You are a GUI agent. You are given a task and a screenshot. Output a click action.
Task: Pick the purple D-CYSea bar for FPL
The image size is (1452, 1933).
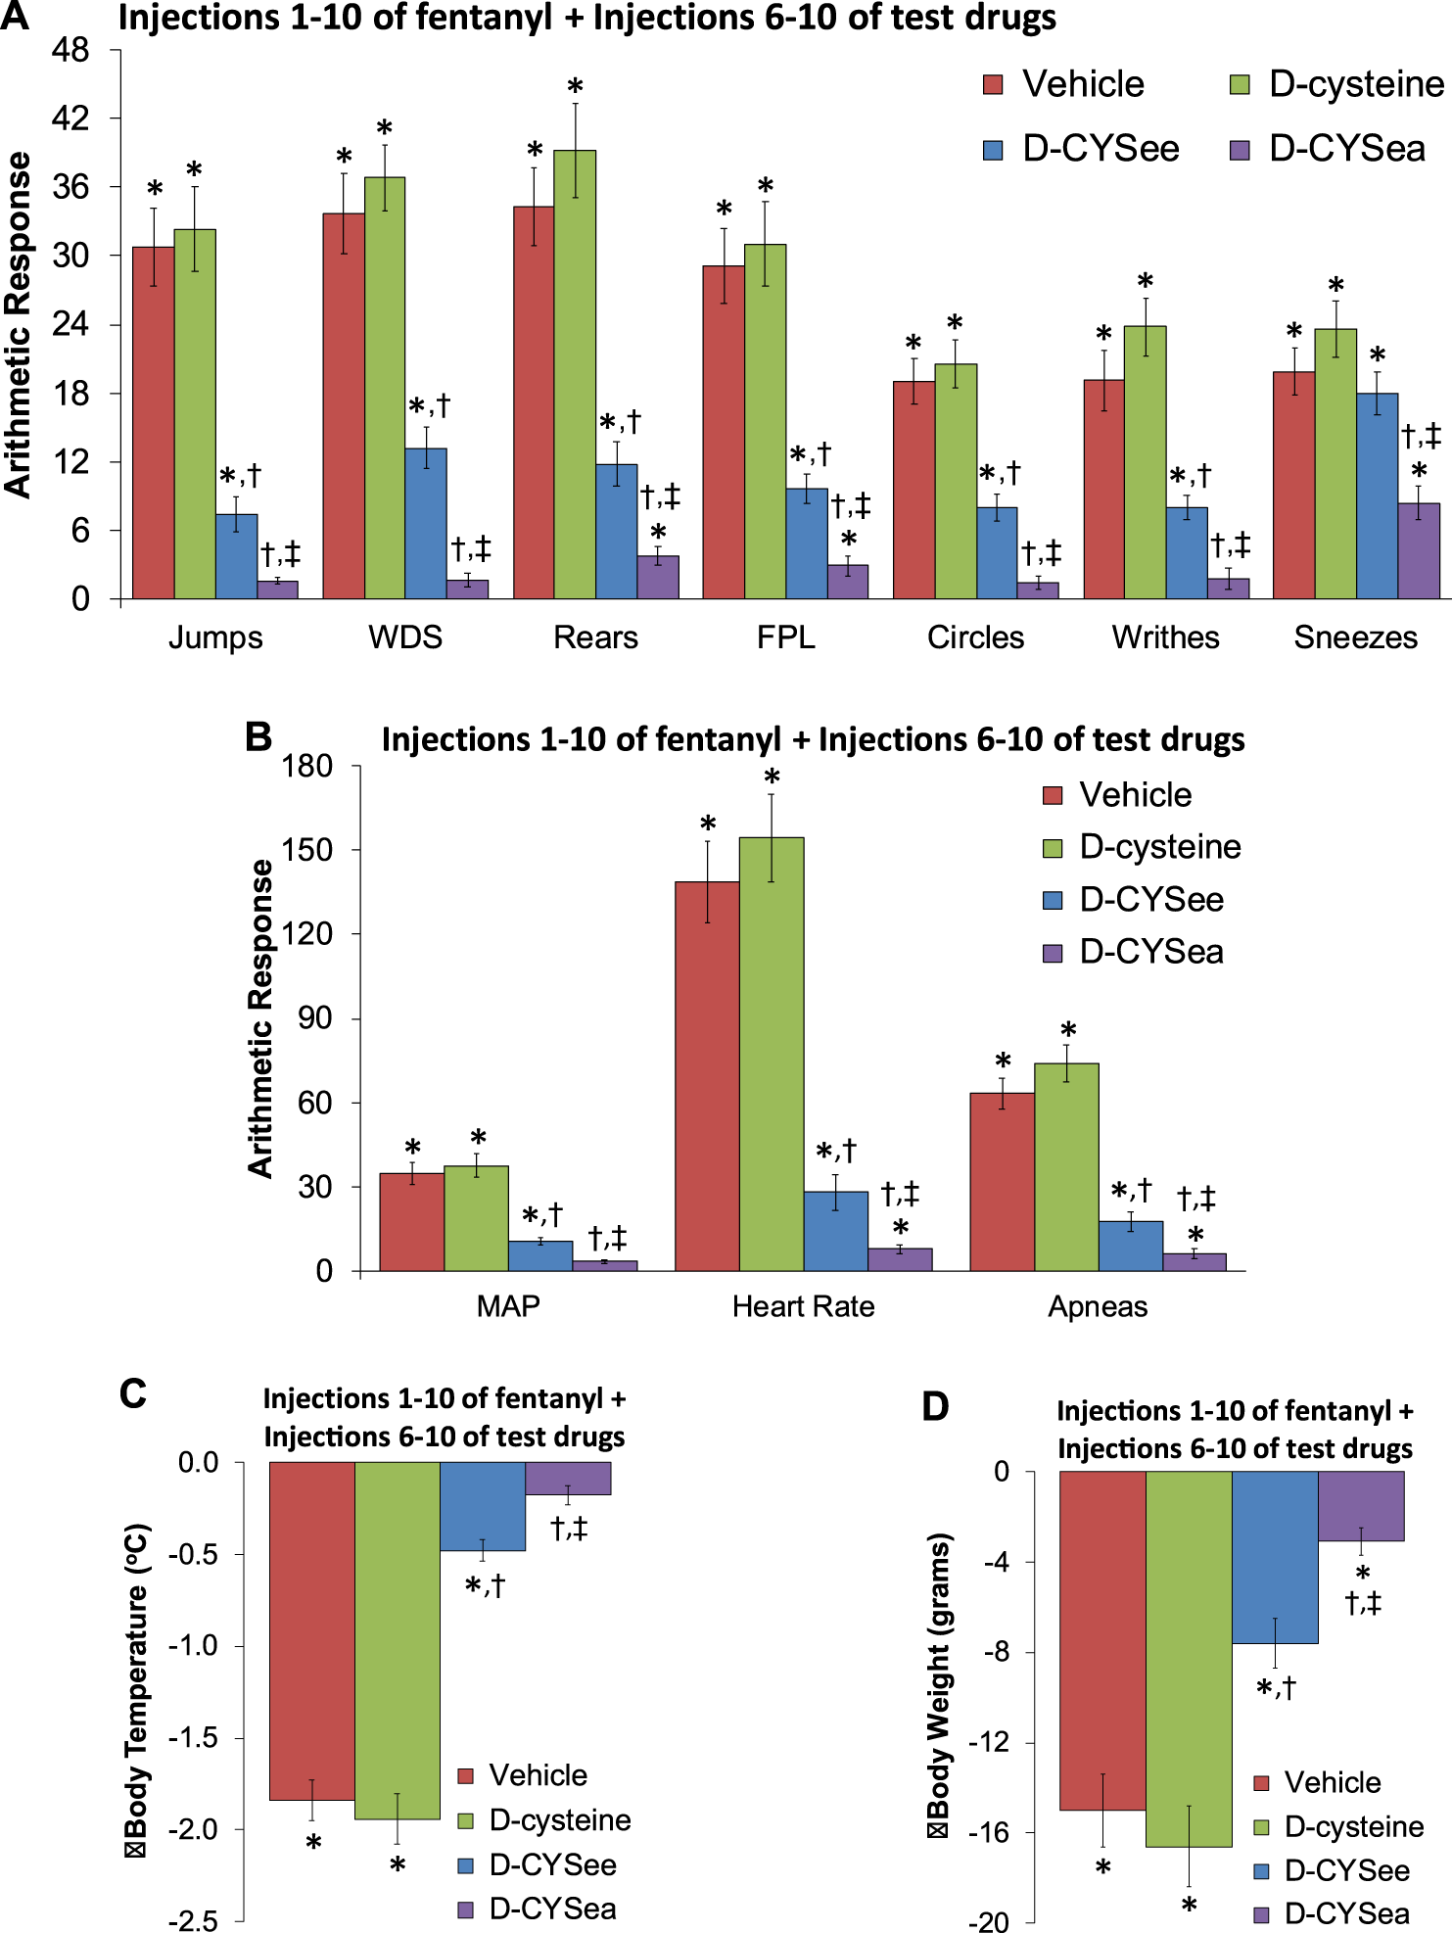848,582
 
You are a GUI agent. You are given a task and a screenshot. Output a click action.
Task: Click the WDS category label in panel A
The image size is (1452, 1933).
405,637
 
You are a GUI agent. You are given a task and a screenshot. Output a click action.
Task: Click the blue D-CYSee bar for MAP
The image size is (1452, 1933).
540,1256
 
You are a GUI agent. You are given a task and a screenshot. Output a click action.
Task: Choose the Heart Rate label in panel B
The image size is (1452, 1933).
803,1306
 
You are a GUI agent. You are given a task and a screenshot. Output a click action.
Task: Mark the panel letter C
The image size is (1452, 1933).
133,1393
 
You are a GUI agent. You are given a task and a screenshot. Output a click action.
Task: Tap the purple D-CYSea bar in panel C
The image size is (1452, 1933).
568,1478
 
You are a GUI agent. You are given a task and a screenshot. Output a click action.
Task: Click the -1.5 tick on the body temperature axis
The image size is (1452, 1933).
198,1738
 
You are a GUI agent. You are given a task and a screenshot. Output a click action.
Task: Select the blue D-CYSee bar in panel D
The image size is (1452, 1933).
1275,1557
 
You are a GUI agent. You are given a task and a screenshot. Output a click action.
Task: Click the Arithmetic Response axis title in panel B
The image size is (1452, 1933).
260,1018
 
